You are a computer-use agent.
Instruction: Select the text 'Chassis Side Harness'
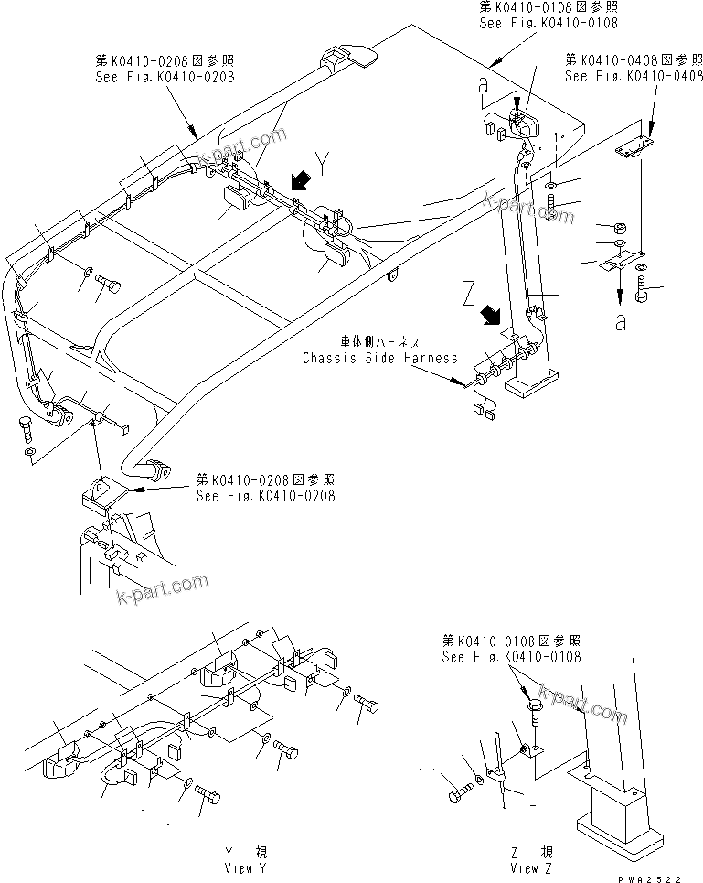tap(380, 358)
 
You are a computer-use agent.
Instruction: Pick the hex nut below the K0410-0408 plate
tap(618, 227)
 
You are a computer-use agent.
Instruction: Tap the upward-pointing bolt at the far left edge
tap(25, 427)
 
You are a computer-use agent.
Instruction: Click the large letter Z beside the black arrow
tap(469, 296)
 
